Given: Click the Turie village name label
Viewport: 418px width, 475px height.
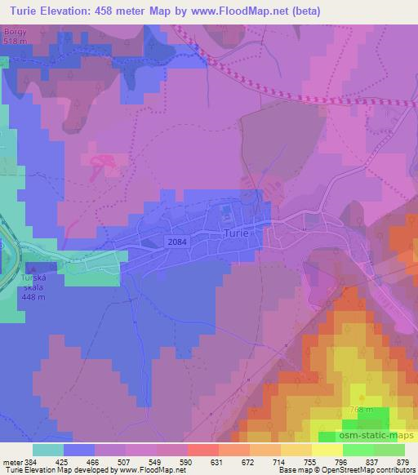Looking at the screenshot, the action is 238,233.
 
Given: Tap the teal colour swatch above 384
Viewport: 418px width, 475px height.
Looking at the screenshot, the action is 48,449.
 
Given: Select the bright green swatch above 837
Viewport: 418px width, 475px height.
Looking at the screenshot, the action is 358,449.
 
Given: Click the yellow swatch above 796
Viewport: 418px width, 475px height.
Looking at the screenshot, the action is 327,449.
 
